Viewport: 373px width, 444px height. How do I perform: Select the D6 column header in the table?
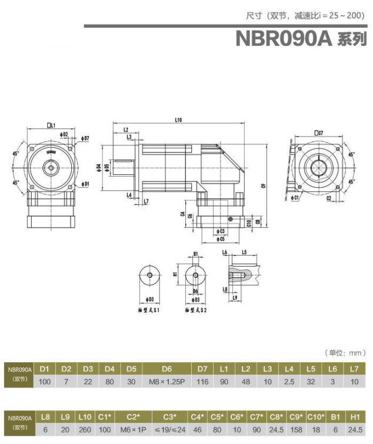coord(166,369)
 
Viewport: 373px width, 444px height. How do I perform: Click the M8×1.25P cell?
coord(166,382)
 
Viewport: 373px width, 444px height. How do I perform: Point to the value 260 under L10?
coord(84,430)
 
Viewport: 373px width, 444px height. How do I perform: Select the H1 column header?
coord(355,417)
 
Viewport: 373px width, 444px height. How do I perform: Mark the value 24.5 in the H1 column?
coord(355,430)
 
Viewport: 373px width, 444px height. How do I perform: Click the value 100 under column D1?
coord(44,382)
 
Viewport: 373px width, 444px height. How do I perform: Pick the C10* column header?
coord(317,417)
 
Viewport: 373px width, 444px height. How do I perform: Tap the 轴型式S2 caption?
coord(195,309)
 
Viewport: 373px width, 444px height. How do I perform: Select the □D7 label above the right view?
coord(318,134)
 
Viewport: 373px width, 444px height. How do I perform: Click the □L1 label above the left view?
coord(51,125)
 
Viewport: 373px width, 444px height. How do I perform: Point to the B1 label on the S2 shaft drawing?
coord(195,254)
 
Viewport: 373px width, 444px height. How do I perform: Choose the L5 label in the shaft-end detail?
coord(244,252)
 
